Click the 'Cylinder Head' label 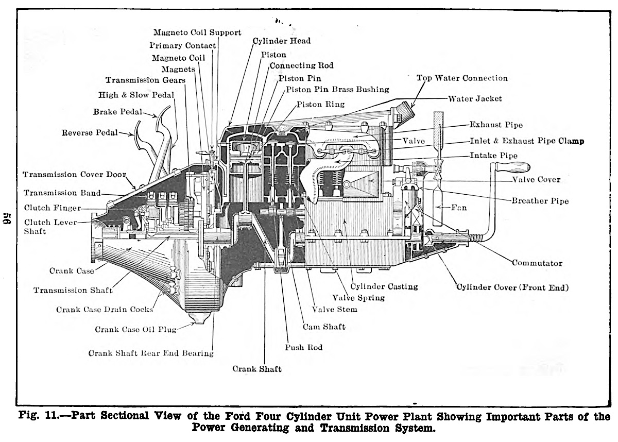(282, 41)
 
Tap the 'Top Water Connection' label (462, 78)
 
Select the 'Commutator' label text (537, 263)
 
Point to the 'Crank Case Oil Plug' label (135, 329)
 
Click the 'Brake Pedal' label (117, 111)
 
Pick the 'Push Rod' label (303, 347)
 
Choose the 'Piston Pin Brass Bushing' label (337, 90)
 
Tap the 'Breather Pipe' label (540, 200)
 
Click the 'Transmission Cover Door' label (74, 174)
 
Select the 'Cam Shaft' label (324, 327)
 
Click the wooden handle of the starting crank (513, 166)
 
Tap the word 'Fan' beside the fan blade (459, 208)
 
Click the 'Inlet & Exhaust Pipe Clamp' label (527, 141)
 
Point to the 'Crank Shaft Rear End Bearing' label (151, 353)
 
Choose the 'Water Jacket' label (475, 98)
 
